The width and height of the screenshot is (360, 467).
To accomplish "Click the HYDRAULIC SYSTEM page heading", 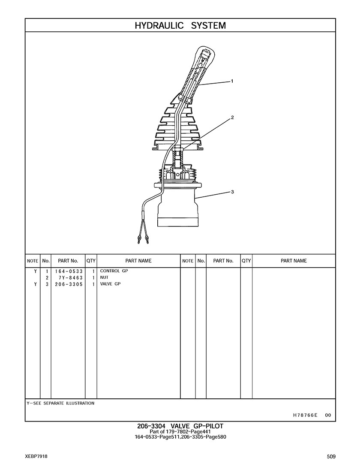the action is click(180, 26).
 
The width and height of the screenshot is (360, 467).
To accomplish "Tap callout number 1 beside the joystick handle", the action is click(232, 81).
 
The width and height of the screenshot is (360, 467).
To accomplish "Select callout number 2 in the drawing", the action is click(233, 118).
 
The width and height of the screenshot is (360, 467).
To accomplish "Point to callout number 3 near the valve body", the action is click(232, 192).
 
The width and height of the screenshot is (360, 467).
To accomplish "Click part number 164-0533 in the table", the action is click(69, 271).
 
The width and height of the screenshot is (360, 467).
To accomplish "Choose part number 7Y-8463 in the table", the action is click(71, 278).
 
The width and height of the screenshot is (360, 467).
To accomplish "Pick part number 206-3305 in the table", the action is click(69, 284).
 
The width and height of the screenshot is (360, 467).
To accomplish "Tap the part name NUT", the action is click(104, 277).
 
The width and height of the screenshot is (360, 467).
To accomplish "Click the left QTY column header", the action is click(91, 261).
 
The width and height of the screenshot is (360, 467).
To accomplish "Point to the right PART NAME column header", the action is click(294, 261).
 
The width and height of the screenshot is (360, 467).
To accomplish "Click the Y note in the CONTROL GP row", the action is click(36, 271).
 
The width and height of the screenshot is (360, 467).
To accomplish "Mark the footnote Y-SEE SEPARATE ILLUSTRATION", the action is click(60, 403).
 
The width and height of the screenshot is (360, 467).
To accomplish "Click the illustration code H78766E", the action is click(305, 415).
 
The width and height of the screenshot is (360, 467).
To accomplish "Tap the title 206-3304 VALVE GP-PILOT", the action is click(180, 426).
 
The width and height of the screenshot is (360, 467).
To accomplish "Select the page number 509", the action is click(331, 457).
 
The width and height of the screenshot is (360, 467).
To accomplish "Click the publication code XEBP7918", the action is click(36, 457).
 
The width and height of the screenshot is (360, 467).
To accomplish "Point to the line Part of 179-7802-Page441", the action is click(180, 432).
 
